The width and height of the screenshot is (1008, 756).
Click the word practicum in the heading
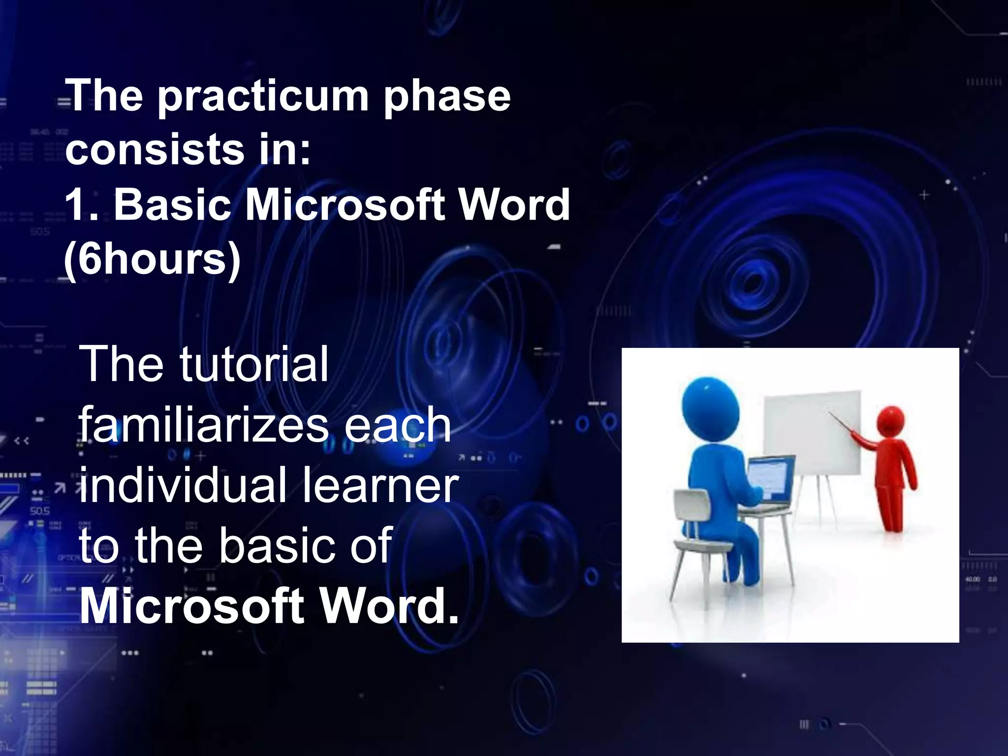click(263, 97)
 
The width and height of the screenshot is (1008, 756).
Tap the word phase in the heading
click(447, 97)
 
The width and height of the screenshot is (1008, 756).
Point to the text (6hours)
click(153, 259)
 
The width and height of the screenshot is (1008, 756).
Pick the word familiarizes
click(203, 425)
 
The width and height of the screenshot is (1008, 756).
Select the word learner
click(380, 486)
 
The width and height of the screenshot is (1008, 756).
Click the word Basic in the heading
click(172, 205)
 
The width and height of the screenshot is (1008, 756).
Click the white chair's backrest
click(692, 507)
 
